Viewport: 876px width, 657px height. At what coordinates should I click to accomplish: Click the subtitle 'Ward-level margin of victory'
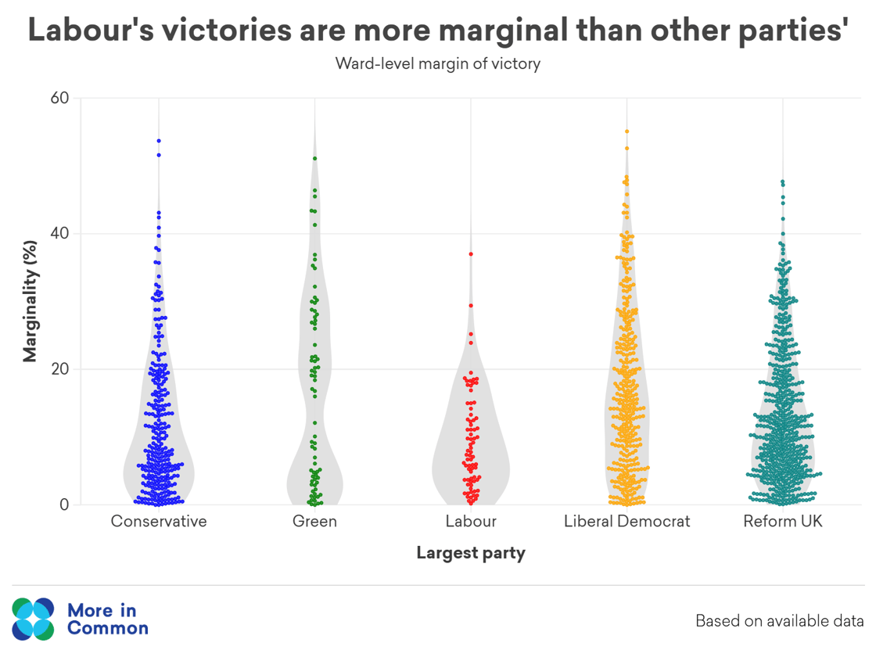[438, 63]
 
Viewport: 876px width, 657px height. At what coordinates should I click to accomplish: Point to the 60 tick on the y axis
[61, 99]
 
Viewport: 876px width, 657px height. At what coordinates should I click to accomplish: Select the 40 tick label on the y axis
[61, 234]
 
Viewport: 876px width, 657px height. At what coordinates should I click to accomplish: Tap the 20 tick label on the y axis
[61, 369]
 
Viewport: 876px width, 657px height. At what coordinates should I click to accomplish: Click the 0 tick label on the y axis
[65, 504]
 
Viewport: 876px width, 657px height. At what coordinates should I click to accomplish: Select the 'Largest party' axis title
[471, 554]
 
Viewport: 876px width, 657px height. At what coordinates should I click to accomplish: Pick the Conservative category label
[159, 521]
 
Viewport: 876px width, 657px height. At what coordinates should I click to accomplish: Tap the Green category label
[314, 521]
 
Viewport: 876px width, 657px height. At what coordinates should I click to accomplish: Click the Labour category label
[471, 521]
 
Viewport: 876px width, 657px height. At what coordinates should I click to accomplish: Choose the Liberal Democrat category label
[627, 521]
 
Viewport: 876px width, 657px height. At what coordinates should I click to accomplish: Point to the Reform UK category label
[783, 521]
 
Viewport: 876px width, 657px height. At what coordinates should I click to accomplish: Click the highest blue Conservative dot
[159, 141]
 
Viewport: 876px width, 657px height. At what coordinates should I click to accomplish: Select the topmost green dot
[314, 159]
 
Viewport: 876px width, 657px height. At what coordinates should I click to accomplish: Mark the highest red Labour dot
[471, 254]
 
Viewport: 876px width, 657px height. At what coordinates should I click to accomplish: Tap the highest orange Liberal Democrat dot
[627, 131]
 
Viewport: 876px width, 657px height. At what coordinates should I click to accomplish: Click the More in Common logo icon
[33, 619]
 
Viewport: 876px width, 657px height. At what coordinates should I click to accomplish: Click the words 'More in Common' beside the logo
[108, 619]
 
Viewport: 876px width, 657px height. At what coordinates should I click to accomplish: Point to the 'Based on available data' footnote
[780, 622]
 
